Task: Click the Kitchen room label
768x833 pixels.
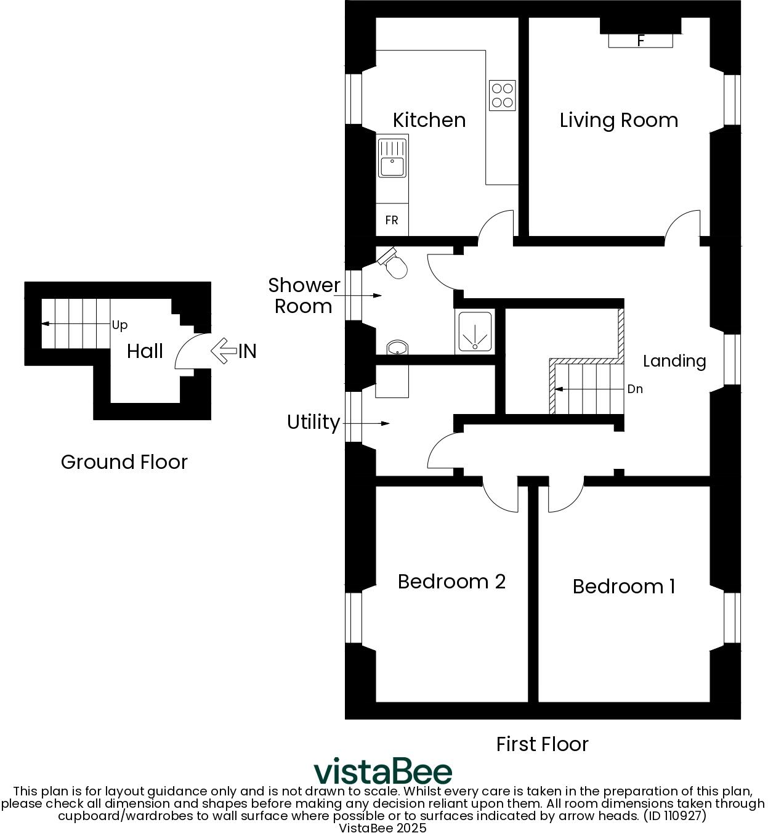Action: tap(429, 120)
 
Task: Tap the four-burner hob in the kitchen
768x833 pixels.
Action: tap(502, 95)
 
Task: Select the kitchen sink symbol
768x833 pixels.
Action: tap(392, 158)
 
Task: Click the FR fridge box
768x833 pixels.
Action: tap(392, 220)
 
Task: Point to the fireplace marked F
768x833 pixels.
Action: tap(641, 41)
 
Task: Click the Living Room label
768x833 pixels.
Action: tap(618, 120)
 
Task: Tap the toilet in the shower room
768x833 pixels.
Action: tap(395, 264)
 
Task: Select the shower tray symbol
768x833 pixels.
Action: tap(474, 332)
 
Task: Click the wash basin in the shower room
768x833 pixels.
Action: tap(398, 348)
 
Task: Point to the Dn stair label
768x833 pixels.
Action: tap(634, 389)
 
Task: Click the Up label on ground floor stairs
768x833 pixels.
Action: tap(119, 325)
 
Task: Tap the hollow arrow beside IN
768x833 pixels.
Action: tap(223, 351)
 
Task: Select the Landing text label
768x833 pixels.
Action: tap(674, 360)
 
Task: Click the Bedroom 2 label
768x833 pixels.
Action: tap(451, 581)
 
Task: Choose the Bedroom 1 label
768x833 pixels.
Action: tap(623, 586)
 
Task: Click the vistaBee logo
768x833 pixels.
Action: tap(382, 771)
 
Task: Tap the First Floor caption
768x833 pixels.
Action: tap(542, 744)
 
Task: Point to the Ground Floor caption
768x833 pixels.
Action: tap(124, 461)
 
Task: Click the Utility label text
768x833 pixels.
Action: tap(313, 422)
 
